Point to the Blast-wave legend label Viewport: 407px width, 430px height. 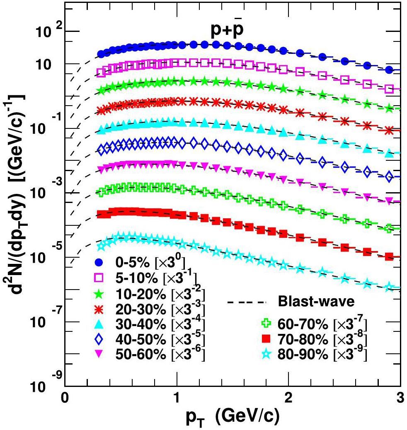tap(316, 302)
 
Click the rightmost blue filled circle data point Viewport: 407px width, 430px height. tap(389, 70)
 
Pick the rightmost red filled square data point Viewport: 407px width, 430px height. tap(389, 256)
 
